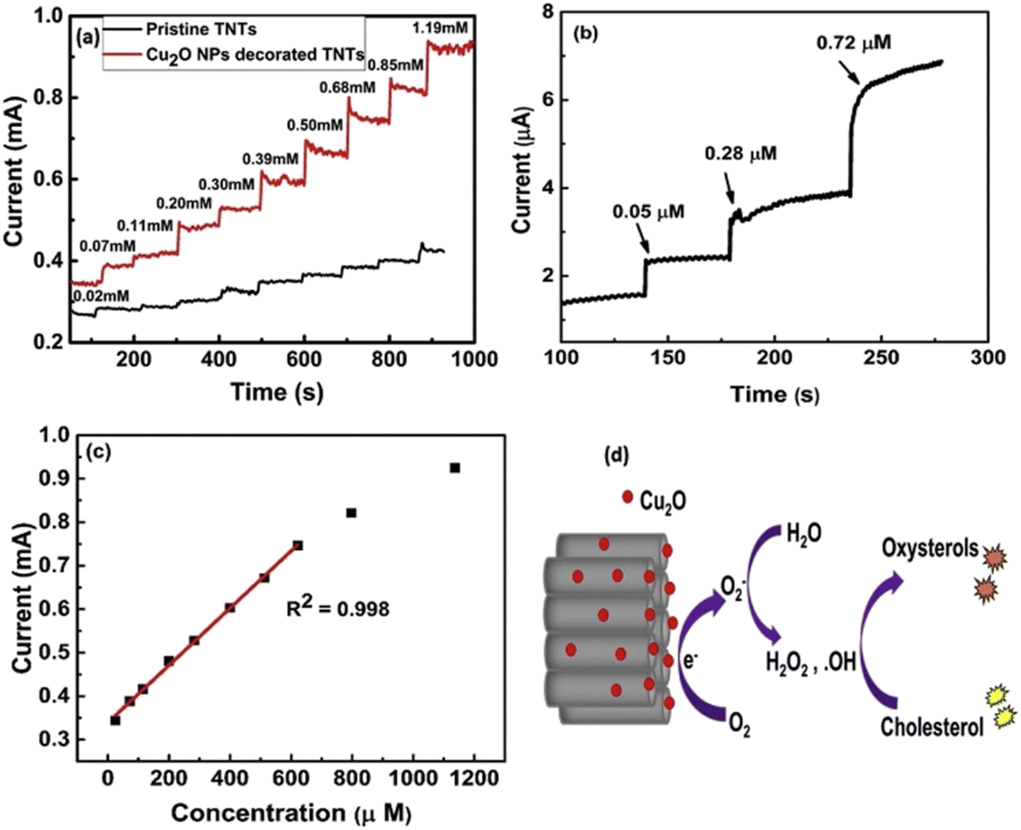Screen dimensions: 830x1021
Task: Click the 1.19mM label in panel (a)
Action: pyautogui.click(x=440, y=29)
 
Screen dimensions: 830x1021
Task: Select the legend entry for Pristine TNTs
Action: pyautogui.click(x=201, y=29)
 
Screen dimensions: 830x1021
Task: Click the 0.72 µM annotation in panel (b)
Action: pyautogui.click(x=854, y=43)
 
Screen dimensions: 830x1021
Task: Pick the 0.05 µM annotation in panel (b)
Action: pyautogui.click(x=648, y=212)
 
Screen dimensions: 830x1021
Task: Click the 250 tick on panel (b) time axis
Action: pyautogui.click(x=881, y=358)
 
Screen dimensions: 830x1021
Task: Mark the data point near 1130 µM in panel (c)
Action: pyautogui.click(x=455, y=468)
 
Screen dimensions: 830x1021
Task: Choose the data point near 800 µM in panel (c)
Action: pyautogui.click(x=351, y=513)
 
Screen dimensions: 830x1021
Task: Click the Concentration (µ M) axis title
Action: pyautogui.click(x=291, y=813)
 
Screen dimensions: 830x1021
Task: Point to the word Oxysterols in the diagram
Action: pyautogui.click(x=930, y=549)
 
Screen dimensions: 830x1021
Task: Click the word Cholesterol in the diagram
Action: pyautogui.click(x=931, y=727)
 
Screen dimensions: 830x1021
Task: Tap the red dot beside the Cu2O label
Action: pyautogui.click(x=628, y=497)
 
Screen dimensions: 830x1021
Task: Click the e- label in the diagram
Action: pyautogui.click(x=690, y=661)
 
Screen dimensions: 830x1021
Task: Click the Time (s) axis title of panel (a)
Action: pyautogui.click(x=277, y=392)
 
